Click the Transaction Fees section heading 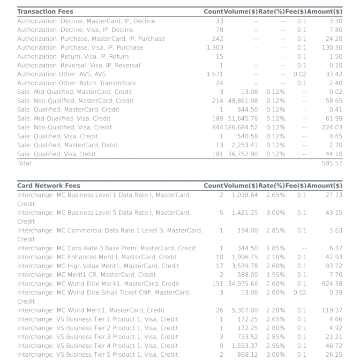pos(45,11)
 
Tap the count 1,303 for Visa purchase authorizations pos(215,47)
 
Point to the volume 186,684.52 pos(241,127)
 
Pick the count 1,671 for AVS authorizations pos(215,74)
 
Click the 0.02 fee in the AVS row pos(300,74)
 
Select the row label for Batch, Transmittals pos(76,83)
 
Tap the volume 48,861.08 pos(243,101)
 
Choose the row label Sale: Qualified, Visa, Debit pos(56,154)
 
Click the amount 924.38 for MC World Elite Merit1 pos(332,284)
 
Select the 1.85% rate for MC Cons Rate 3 pos(275,248)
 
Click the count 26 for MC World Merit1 pos(219,310)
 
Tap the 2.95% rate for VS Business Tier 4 pos(275,346)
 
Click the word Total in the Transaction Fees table pos(24,163)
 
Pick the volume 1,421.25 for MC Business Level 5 pos(245,213)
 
